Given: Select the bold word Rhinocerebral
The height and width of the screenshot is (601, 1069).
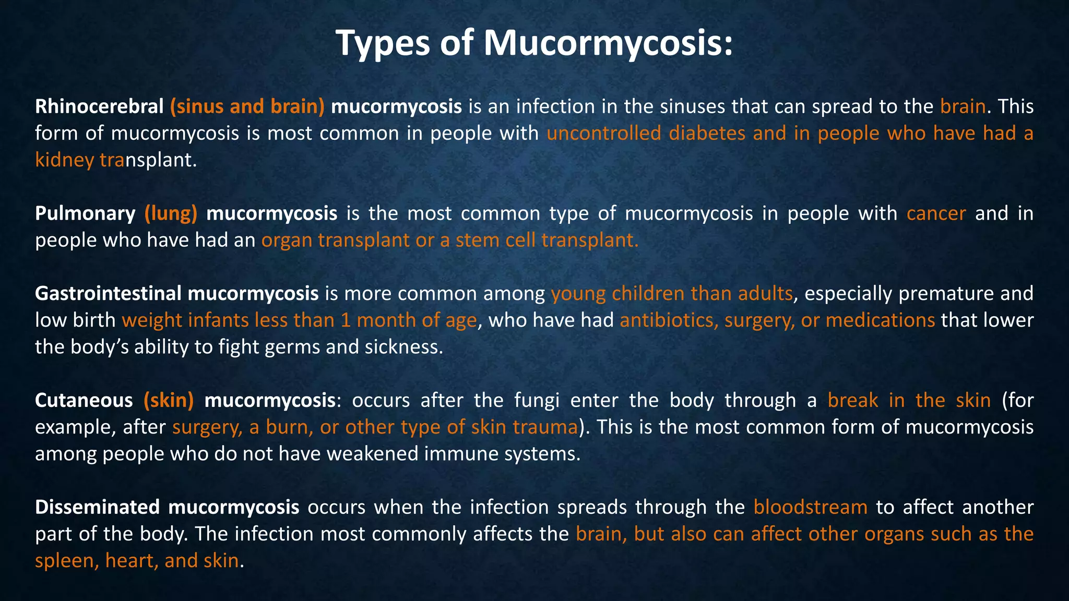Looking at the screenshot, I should coord(99,106).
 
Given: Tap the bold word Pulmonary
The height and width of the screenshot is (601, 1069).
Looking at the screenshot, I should coord(85,213).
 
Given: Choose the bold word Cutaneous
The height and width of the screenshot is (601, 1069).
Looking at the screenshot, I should coord(84,400).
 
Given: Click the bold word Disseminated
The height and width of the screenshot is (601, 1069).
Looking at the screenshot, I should coord(98,507).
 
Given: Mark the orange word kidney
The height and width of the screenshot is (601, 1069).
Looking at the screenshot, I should coord(64,160).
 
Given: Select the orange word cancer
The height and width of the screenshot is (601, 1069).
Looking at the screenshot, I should coord(936,213).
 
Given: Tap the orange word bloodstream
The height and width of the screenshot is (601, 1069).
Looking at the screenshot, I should coord(810,507).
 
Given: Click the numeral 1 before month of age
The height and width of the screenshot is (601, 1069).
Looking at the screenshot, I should coord(346,320).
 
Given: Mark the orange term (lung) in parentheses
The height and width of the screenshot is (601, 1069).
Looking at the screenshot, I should coord(171,213).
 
